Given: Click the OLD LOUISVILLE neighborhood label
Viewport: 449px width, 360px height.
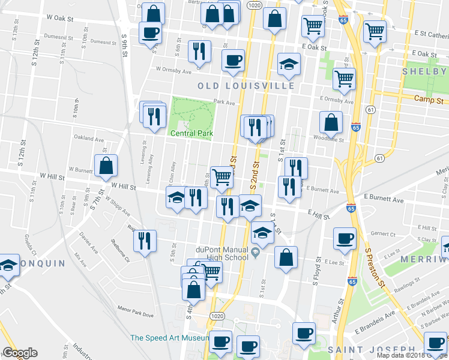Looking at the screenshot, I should [246, 86].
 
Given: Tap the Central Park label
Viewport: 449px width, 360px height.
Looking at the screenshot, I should [191, 133].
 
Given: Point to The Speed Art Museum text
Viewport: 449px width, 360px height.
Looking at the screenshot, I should [169, 338].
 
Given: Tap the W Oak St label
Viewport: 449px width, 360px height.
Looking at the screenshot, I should [61, 19].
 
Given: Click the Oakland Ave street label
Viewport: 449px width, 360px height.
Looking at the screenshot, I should [88, 139].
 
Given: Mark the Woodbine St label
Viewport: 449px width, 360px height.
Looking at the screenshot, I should [328, 140].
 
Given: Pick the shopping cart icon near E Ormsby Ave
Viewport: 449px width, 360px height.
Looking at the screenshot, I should [344, 77].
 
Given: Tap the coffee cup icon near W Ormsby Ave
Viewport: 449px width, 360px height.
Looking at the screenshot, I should [233, 59].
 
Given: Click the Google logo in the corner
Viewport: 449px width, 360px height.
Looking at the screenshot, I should [20, 353].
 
